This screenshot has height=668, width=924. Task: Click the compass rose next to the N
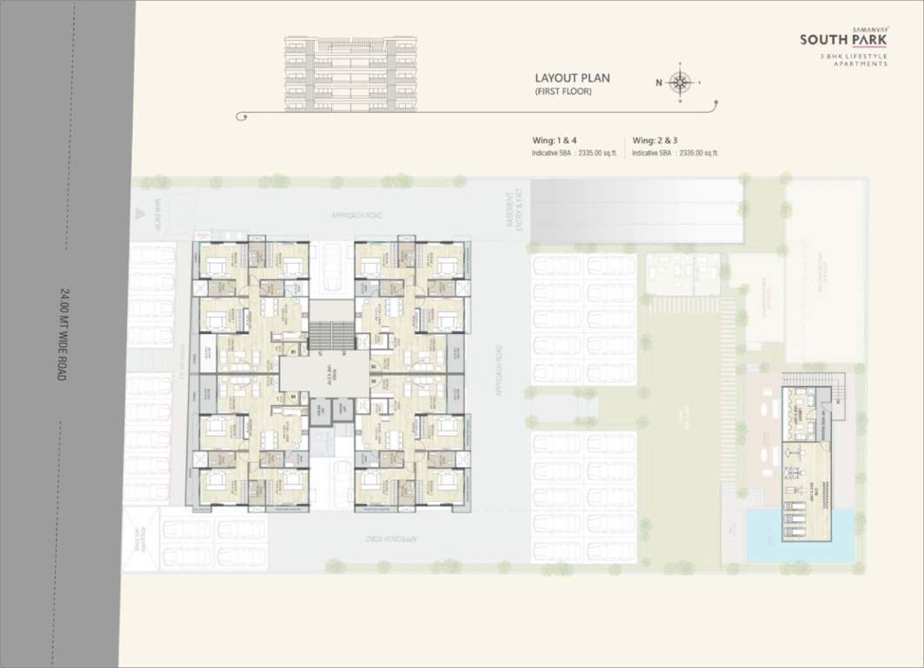681,83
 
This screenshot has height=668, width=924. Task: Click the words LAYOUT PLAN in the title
572,77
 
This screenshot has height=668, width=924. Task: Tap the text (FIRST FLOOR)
563,91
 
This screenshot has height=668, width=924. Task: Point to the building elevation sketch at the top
351,74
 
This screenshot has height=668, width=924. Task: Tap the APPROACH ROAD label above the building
356,215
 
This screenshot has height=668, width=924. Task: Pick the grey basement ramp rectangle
636,211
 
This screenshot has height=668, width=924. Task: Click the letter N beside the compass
659,83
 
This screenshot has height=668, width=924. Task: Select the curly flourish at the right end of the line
712,107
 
